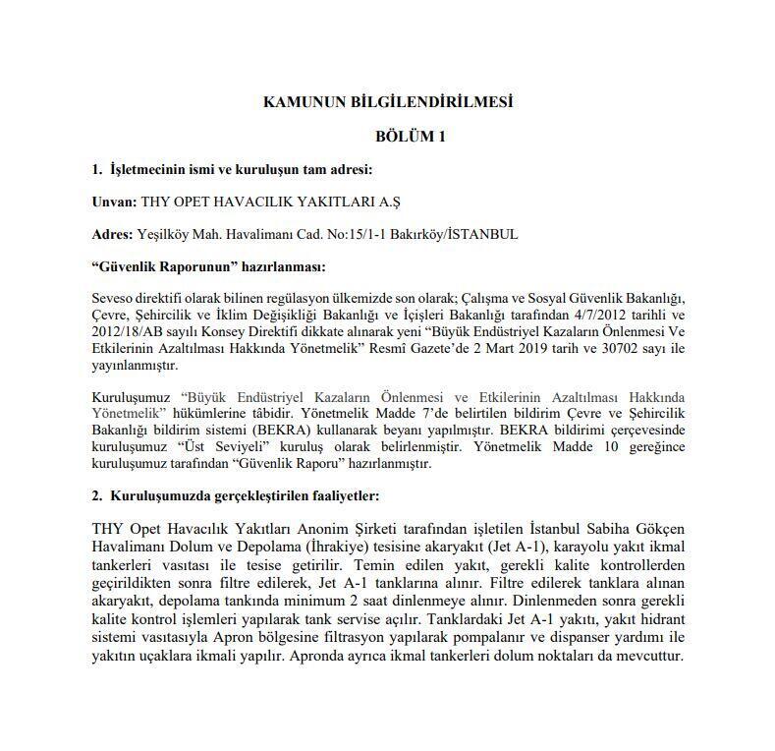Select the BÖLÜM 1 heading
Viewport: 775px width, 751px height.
click(x=410, y=137)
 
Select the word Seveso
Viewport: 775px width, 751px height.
click(x=114, y=298)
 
